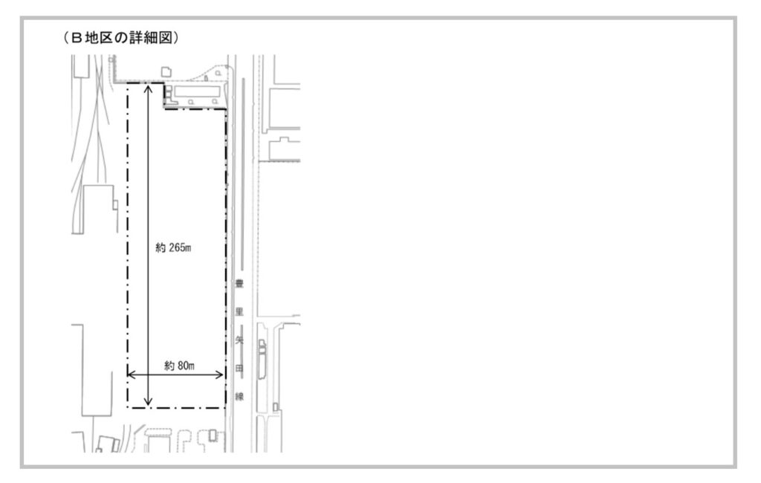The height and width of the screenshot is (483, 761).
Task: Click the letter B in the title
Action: click(77, 38)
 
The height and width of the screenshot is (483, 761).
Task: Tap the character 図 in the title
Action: click(166, 38)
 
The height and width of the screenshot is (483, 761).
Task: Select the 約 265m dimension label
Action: click(173, 247)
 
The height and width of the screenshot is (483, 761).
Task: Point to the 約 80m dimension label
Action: click(179, 366)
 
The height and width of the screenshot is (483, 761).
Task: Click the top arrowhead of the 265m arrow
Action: click(149, 88)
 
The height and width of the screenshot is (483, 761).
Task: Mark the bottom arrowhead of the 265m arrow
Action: click(149, 401)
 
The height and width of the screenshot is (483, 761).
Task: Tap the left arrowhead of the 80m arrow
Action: click(131, 375)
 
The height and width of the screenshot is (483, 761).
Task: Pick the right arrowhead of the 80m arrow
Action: click(219, 375)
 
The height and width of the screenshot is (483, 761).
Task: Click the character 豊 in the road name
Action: click(239, 284)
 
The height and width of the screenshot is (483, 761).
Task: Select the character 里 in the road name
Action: click(239, 312)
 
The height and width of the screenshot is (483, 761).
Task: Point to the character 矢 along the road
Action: click(239, 340)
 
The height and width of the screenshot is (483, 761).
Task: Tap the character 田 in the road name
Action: click(239, 369)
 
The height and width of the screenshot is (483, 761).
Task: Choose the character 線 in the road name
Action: click(239, 397)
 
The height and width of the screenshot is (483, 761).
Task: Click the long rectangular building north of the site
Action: click(197, 91)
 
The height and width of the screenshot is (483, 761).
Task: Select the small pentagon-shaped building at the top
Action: click(166, 72)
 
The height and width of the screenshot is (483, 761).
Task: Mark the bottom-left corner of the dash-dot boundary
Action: click(128, 408)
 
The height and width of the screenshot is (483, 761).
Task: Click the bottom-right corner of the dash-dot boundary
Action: click(226, 408)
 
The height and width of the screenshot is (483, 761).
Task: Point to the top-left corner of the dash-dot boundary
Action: click(128, 83)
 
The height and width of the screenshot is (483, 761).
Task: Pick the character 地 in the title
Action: click(91, 38)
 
